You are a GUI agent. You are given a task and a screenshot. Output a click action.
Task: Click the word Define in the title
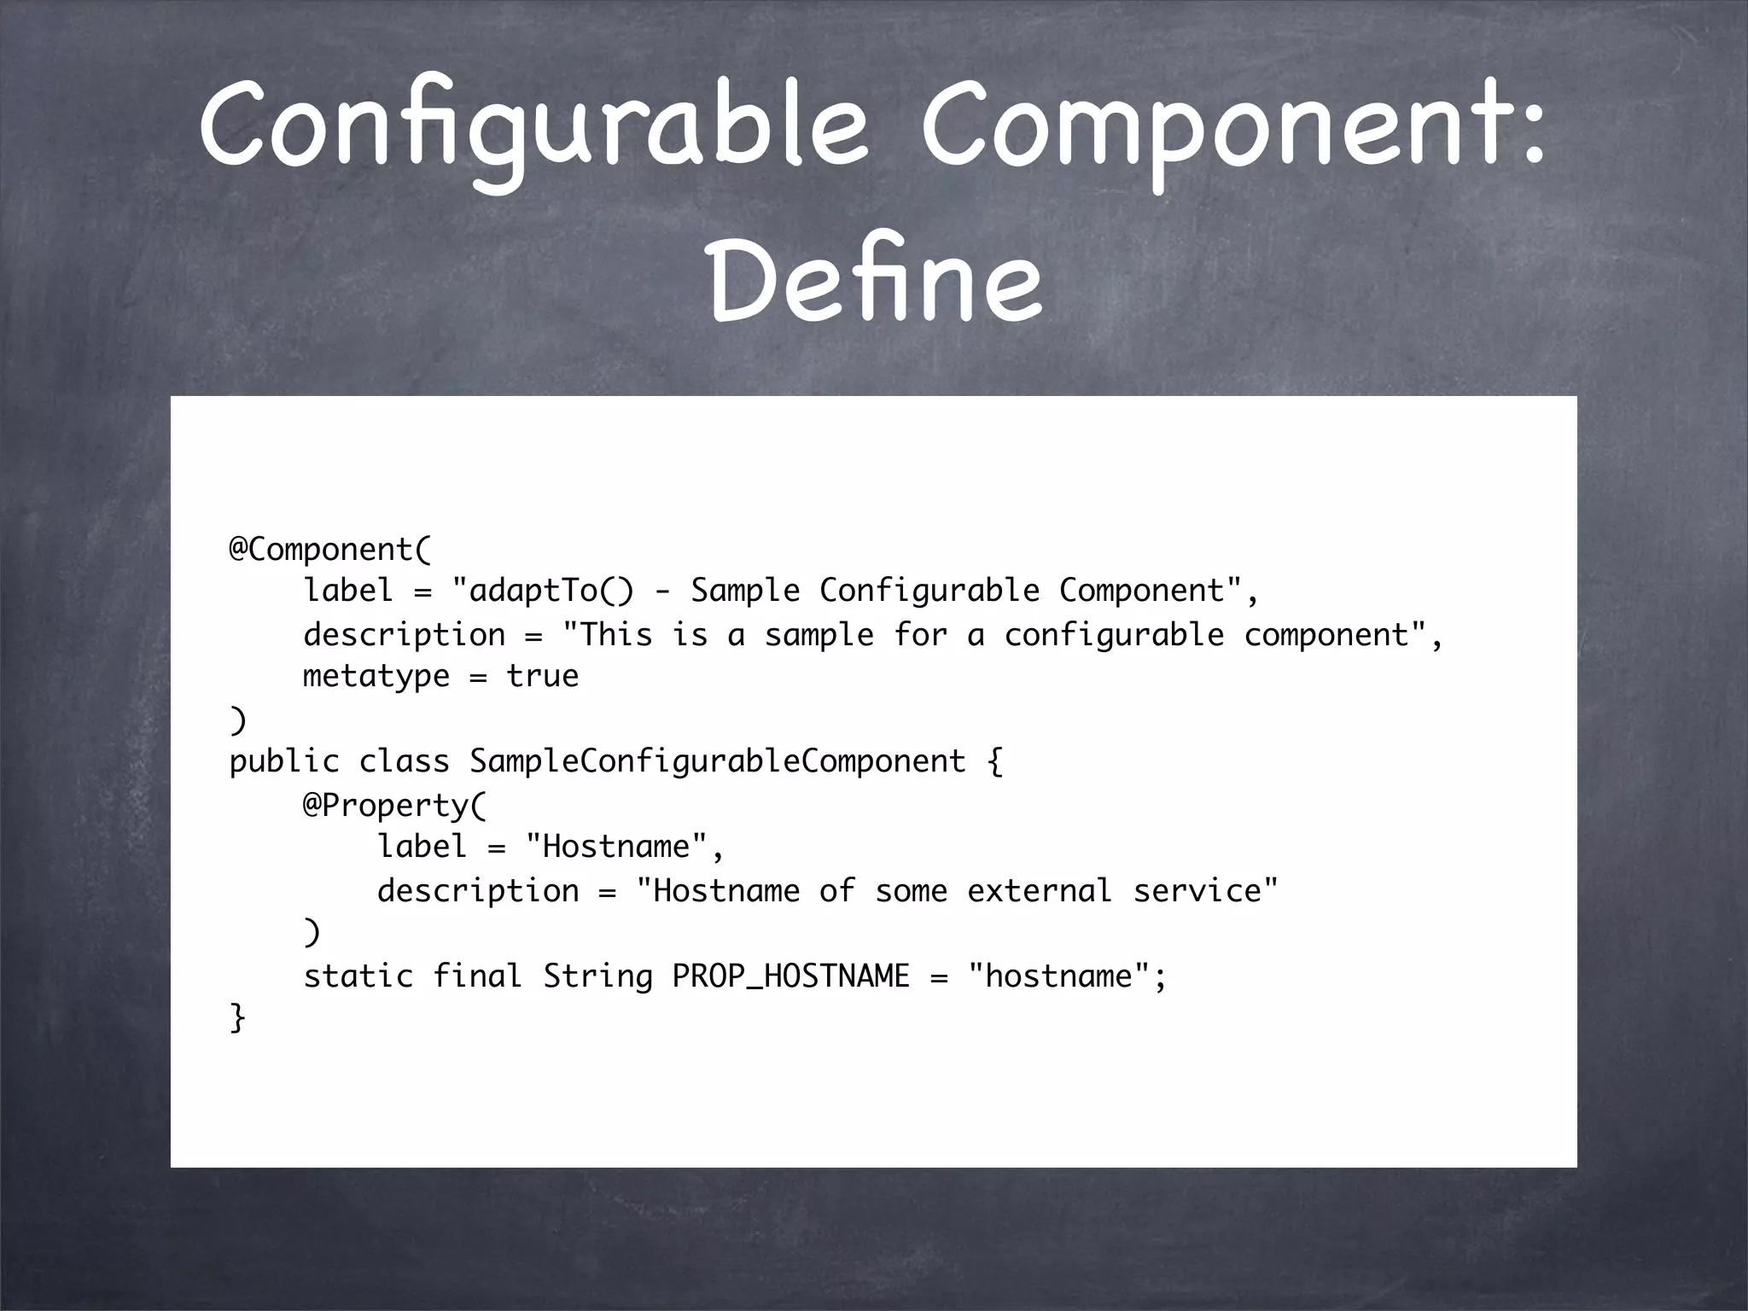[x=875, y=277]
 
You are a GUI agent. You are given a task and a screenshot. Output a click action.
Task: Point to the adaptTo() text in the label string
[x=551, y=591]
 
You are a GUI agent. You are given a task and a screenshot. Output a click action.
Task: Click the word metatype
[x=376, y=676]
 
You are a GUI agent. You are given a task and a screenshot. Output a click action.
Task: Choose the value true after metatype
[x=543, y=676]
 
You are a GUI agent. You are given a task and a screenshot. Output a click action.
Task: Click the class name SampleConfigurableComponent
[x=717, y=761]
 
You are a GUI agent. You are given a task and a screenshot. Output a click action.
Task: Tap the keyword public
[x=284, y=761]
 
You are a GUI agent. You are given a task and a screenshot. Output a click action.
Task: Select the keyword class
[x=404, y=761]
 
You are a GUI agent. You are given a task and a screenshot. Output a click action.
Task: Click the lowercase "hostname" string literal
[x=1059, y=976]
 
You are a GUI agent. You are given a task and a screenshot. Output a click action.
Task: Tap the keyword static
[x=358, y=976]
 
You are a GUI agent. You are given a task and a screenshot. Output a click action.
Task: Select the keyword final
[x=477, y=976]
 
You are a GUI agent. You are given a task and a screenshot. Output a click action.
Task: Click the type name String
[x=597, y=976]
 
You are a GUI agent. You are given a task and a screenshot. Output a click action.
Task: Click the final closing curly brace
[x=237, y=1017]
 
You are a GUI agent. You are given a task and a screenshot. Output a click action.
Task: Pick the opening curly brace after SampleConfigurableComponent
[x=994, y=761]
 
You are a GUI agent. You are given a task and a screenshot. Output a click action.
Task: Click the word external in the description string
[x=1040, y=890]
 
